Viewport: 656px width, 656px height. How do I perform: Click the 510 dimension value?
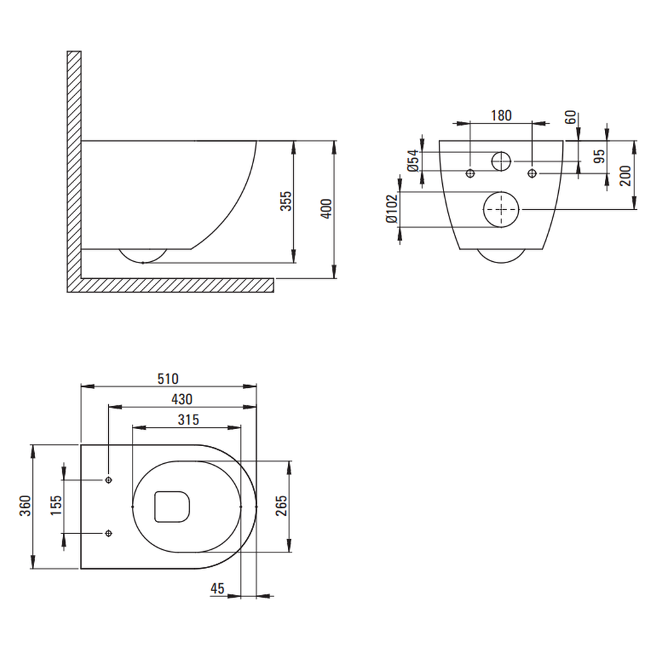168,379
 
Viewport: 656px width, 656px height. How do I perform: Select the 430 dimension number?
182,399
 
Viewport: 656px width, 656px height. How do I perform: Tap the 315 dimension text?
188,420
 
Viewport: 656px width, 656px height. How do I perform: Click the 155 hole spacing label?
56,505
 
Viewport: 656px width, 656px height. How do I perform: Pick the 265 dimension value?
281,505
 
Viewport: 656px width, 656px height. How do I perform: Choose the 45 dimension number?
218,588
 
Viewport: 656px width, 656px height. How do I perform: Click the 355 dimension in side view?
286,201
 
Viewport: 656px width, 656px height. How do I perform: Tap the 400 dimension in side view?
326,209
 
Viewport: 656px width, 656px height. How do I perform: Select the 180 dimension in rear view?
501,115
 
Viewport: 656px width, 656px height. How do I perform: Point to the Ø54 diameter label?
413,161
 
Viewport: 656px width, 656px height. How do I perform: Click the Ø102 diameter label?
392,209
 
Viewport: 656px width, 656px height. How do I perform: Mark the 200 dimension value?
625,176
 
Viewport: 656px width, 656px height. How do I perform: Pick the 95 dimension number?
600,156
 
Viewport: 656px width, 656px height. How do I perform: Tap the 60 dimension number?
571,117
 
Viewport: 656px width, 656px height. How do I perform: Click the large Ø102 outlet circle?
501,210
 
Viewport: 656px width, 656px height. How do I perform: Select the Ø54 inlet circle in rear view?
501,161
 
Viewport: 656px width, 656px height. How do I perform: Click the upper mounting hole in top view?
109,480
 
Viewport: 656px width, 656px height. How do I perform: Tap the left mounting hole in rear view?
470,173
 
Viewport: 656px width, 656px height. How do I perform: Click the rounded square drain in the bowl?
172,506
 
